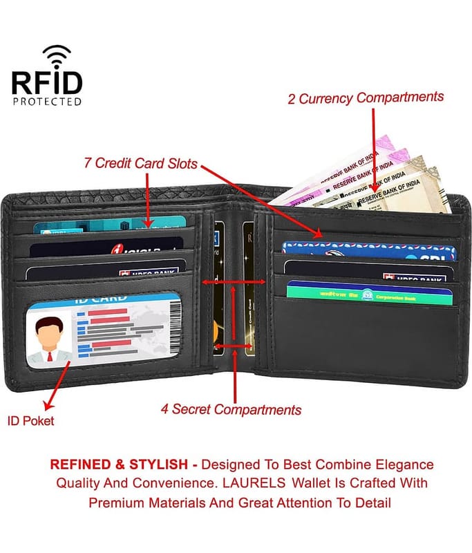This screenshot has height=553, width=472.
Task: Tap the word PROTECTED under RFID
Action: click(46, 101)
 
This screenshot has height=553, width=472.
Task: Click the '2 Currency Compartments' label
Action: click(366, 97)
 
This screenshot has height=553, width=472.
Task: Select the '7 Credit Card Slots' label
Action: click(141, 164)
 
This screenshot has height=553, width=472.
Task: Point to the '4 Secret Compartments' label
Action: click(231, 409)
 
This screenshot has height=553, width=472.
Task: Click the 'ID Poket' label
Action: click(30, 420)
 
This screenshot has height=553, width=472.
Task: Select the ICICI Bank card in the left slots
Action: click(104, 248)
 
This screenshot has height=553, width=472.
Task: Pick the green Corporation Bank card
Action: click(369, 293)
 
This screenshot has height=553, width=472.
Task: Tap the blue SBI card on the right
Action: click(369, 250)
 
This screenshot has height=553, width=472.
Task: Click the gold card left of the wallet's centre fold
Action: click(218, 290)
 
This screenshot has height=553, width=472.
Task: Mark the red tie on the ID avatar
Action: click(49, 356)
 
